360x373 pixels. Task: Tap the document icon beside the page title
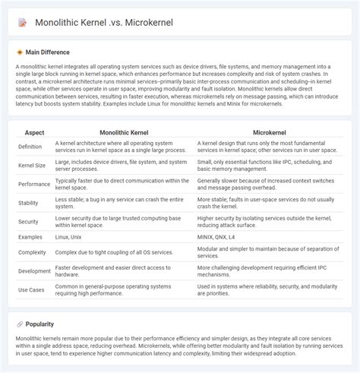tap(21, 23)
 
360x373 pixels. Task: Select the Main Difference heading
tap(47, 52)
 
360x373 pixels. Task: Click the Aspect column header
tap(34, 132)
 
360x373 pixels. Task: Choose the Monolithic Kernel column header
tap(122, 132)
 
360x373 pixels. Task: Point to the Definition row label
tap(30, 146)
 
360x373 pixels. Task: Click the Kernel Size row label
tap(32, 165)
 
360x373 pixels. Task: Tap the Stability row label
tap(28, 203)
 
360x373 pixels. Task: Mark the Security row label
tap(28, 222)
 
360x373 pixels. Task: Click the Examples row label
tap(30, 238)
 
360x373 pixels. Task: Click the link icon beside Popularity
tap(20, 324)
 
